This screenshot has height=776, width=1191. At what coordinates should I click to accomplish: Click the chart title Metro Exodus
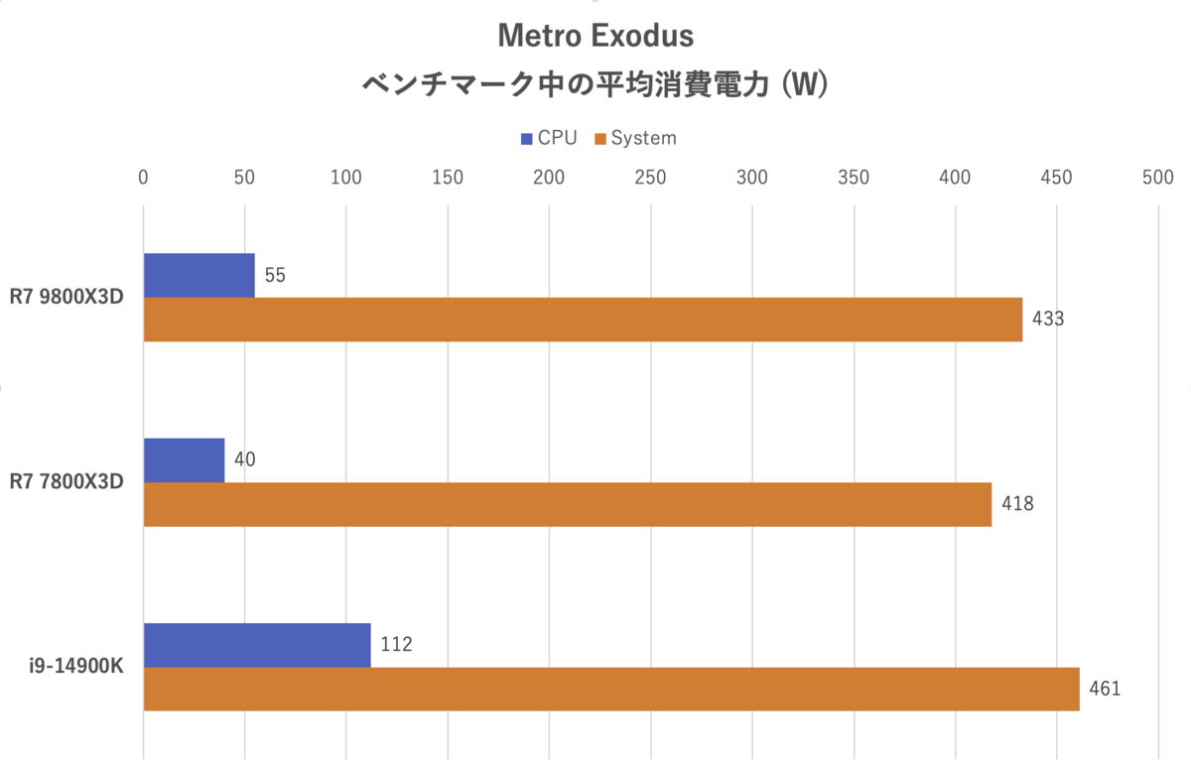tap(595, 36)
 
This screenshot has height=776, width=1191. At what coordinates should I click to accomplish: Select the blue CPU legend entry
tap(548, 138)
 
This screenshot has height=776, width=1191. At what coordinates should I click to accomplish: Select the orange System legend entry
tap(635, 138)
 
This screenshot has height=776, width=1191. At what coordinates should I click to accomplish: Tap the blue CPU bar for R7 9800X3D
tap(198, 275)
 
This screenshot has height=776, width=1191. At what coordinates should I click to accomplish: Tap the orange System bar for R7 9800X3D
tap(583, 320)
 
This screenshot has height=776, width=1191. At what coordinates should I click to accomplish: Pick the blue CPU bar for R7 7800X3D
tap(184, 460)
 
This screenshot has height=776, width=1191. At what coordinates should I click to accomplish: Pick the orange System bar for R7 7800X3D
tap(568, 504)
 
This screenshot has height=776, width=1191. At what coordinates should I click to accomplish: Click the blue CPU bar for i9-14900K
tap(257, 645)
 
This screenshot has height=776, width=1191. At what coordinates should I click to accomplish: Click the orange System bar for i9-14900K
tap(611, 689)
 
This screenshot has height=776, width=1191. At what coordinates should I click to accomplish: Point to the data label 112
tap(396, 645)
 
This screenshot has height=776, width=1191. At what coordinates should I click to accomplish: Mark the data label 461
tap(1104, 689)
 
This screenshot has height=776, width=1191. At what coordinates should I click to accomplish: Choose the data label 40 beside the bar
tap(245, 460)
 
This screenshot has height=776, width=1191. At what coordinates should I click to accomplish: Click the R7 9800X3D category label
tap(66, 298)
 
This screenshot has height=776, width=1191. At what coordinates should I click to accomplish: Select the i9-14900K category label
tap(75, 667)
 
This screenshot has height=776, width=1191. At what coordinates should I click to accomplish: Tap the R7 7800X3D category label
tap(66, 482)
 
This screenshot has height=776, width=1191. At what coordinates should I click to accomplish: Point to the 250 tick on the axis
tap(650, 178)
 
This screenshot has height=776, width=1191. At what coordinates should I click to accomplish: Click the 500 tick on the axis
tap(1157, 178)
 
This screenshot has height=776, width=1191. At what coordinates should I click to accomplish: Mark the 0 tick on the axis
tap(144, 178)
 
